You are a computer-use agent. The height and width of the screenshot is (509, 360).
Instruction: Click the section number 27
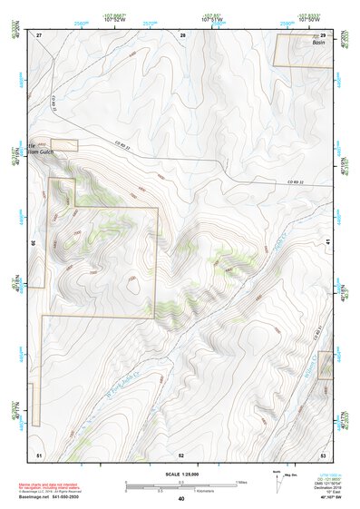[39, 34]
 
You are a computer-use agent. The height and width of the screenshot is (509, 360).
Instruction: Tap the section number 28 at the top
[182, 34]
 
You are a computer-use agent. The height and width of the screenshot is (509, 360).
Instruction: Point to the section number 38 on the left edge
[34, 242]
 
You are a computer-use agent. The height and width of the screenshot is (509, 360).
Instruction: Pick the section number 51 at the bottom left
[39, 454]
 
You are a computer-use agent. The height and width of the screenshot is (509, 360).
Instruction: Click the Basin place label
[317, 43]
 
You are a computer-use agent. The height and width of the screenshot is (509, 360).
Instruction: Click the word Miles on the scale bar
[241, 482]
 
